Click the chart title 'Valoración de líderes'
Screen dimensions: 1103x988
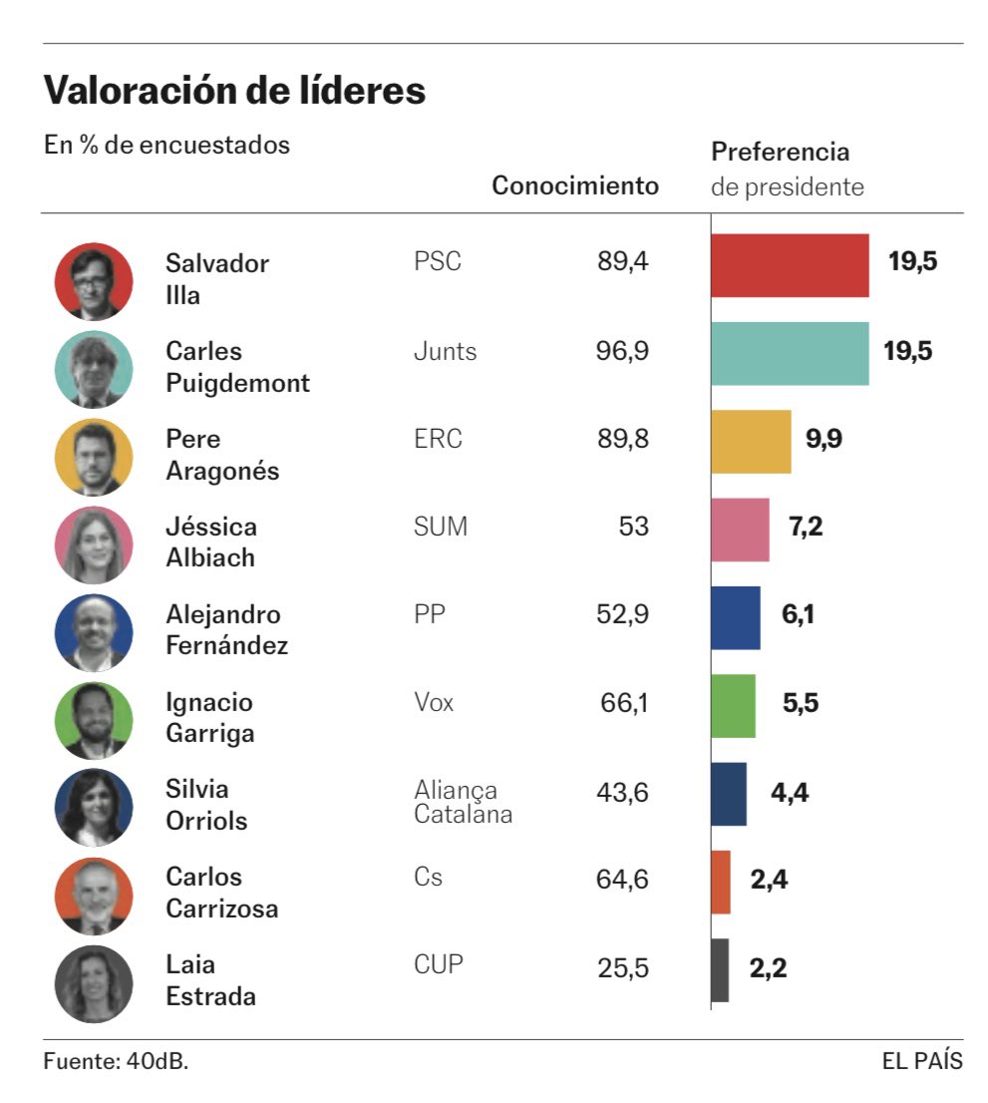(x=234, y=92)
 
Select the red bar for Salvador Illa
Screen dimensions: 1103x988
(x=790, y=265)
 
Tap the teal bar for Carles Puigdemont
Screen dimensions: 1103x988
(x=790, y=353)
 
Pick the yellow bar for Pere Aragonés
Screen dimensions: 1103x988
(x=751, y=441)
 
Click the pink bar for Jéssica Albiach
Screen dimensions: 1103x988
(x=740, y=530)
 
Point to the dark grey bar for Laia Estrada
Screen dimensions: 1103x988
(x=720, y=969)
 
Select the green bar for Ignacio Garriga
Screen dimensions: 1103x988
(x=733, y=705)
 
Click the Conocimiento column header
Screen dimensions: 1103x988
(x=575, y=185)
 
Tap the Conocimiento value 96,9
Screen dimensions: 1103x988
(x=622, y=352)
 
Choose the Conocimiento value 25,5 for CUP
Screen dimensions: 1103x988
(x=622, y=967)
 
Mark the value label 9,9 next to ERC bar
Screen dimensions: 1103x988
(x=823, y=440)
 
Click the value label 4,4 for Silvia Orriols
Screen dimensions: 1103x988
(x=789, y=793)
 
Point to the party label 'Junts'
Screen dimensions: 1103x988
(x=445, y=352)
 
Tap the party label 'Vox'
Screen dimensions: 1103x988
(x=434, y=703)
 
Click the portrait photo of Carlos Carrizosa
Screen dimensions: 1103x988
(x=94, y=895)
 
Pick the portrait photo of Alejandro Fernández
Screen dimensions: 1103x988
(x=94, y=631)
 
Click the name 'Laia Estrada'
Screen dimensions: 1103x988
(x=210, y=980)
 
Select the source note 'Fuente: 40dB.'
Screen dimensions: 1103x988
(x=116, y=1061)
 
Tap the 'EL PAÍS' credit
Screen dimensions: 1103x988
(x=922, y=1061)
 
